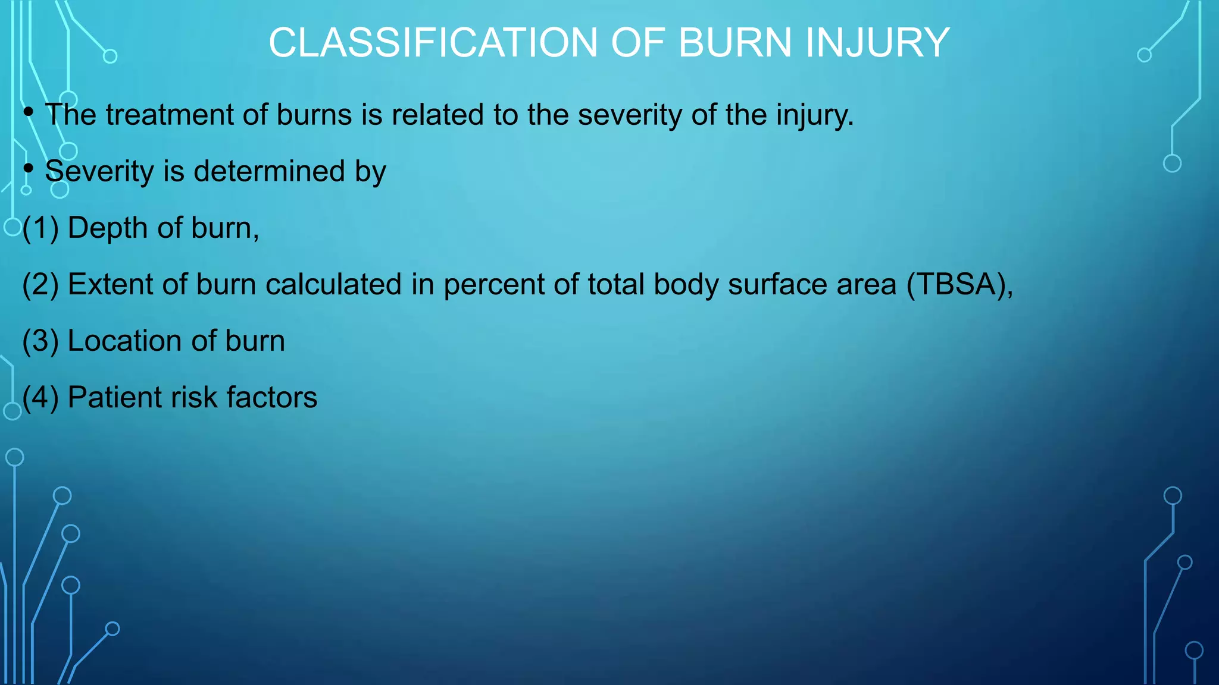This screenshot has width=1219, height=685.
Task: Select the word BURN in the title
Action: (x=735, y=43)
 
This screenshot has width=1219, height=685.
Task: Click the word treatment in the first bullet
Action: (x=170, y=115)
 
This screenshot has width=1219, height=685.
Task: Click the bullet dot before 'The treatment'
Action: (x=29, y=112)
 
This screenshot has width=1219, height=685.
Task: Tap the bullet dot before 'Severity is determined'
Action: (x=29, y=168)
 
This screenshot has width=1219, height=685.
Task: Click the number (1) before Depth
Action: (x=40, y=228)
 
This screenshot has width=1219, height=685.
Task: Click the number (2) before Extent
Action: (x=40, y=285)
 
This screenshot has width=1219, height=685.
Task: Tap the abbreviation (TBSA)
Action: (x=959, y=285)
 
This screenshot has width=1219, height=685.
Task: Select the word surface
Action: (x=777, y=285)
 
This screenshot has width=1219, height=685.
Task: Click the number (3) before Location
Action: (x=40, y=341)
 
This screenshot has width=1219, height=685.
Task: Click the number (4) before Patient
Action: (x=40, y=398)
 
